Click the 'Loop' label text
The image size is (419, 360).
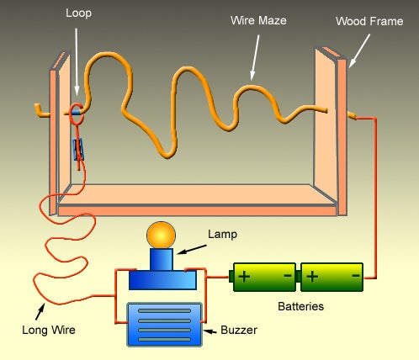click(78, 14)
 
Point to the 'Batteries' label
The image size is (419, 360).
click(301, 307)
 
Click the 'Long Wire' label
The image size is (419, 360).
click(48, 330)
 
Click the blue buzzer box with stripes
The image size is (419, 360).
click(164, 323)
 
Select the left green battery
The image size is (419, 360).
click(263, 276)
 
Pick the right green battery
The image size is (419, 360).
click(331, 276)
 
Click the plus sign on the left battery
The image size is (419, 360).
click(245, 276)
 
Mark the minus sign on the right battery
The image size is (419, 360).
click(355, 276)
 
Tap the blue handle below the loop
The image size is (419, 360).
click(79, 151)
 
